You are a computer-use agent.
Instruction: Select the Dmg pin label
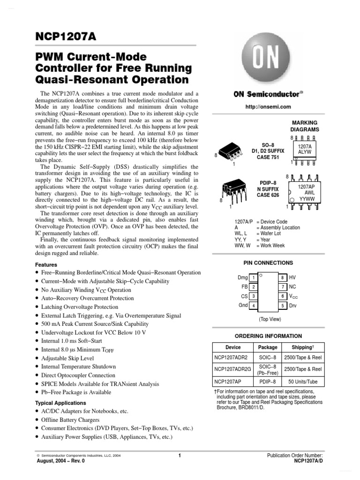click(x=242, y=277)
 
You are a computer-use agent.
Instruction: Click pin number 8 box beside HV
click(x=283, y=277)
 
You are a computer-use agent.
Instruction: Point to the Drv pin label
click(x=293, y=306)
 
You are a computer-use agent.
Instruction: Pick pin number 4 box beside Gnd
click(x=253, y=306)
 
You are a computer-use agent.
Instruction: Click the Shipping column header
click(x=302, y=347)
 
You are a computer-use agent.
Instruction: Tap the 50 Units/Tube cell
click(x=302, y=382)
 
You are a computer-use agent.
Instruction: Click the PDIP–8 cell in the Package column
click(x=268, y=382)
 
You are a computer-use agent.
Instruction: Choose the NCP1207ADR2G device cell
click(x=232, y=369)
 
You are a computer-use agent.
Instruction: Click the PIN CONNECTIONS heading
click(x=268, y=263)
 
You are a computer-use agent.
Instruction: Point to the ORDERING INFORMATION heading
click(x=268, y=336)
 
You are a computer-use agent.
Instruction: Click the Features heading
click(x=46, y=264)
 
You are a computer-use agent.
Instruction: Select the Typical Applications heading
click(x=61, y=403)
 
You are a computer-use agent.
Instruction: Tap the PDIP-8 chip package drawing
click(x=233, y=188)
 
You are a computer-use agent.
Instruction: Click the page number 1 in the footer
click(x=180, y=455)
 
